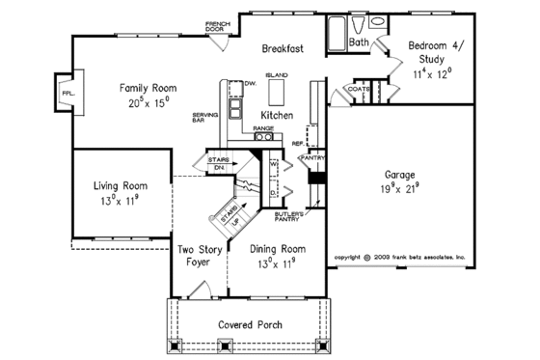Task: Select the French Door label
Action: click(220, 26)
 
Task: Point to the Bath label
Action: click(359, 42)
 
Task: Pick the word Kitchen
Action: click(278, 114)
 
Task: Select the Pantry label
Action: click(312, 156)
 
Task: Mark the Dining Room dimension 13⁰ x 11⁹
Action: click(277, 262)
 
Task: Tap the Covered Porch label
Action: click(250, 325)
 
